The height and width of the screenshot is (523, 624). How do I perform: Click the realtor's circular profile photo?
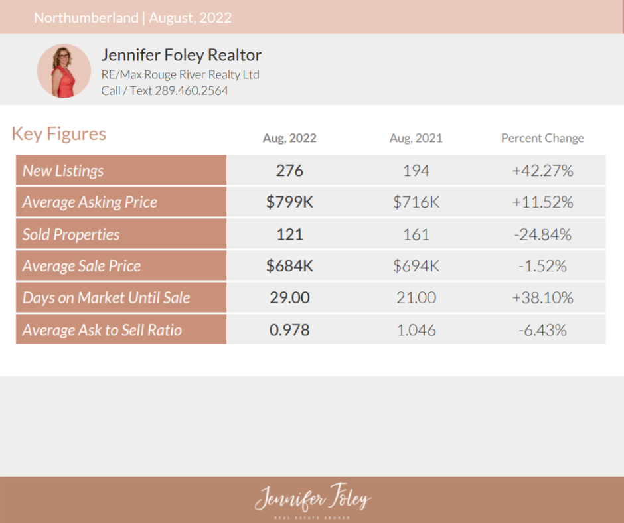pos(64,71)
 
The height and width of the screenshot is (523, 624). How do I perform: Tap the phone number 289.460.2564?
pos(191,90)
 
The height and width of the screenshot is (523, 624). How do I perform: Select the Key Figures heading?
pos(58,134)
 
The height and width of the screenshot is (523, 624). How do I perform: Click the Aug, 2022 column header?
pos(289,139)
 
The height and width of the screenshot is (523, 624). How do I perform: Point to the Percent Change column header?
pos(542,139)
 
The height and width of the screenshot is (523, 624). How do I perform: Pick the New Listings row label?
pos(63,171)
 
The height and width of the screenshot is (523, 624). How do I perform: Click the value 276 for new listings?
pos(289,171)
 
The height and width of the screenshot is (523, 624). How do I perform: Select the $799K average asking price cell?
pos(289,202)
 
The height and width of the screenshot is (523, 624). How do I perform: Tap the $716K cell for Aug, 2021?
pos(416,202)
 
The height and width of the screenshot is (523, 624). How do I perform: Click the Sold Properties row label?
pos(71,234)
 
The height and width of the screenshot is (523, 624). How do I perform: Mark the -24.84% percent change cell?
pos(542,234)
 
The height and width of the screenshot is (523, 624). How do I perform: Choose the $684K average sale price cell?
pos(289,266)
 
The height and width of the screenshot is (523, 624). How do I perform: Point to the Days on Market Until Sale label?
pos(106,298)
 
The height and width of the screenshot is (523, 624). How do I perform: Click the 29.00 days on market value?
pos(289,298)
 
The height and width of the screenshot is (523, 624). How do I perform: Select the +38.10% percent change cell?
pos(542,298)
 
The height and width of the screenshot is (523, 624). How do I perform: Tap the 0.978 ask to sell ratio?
pos(289,330)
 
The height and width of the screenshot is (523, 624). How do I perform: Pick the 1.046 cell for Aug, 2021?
pos(416,330)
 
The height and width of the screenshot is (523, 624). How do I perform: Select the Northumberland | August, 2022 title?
pos(133,17)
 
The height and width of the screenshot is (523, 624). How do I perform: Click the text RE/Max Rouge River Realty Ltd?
pos(180,74)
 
